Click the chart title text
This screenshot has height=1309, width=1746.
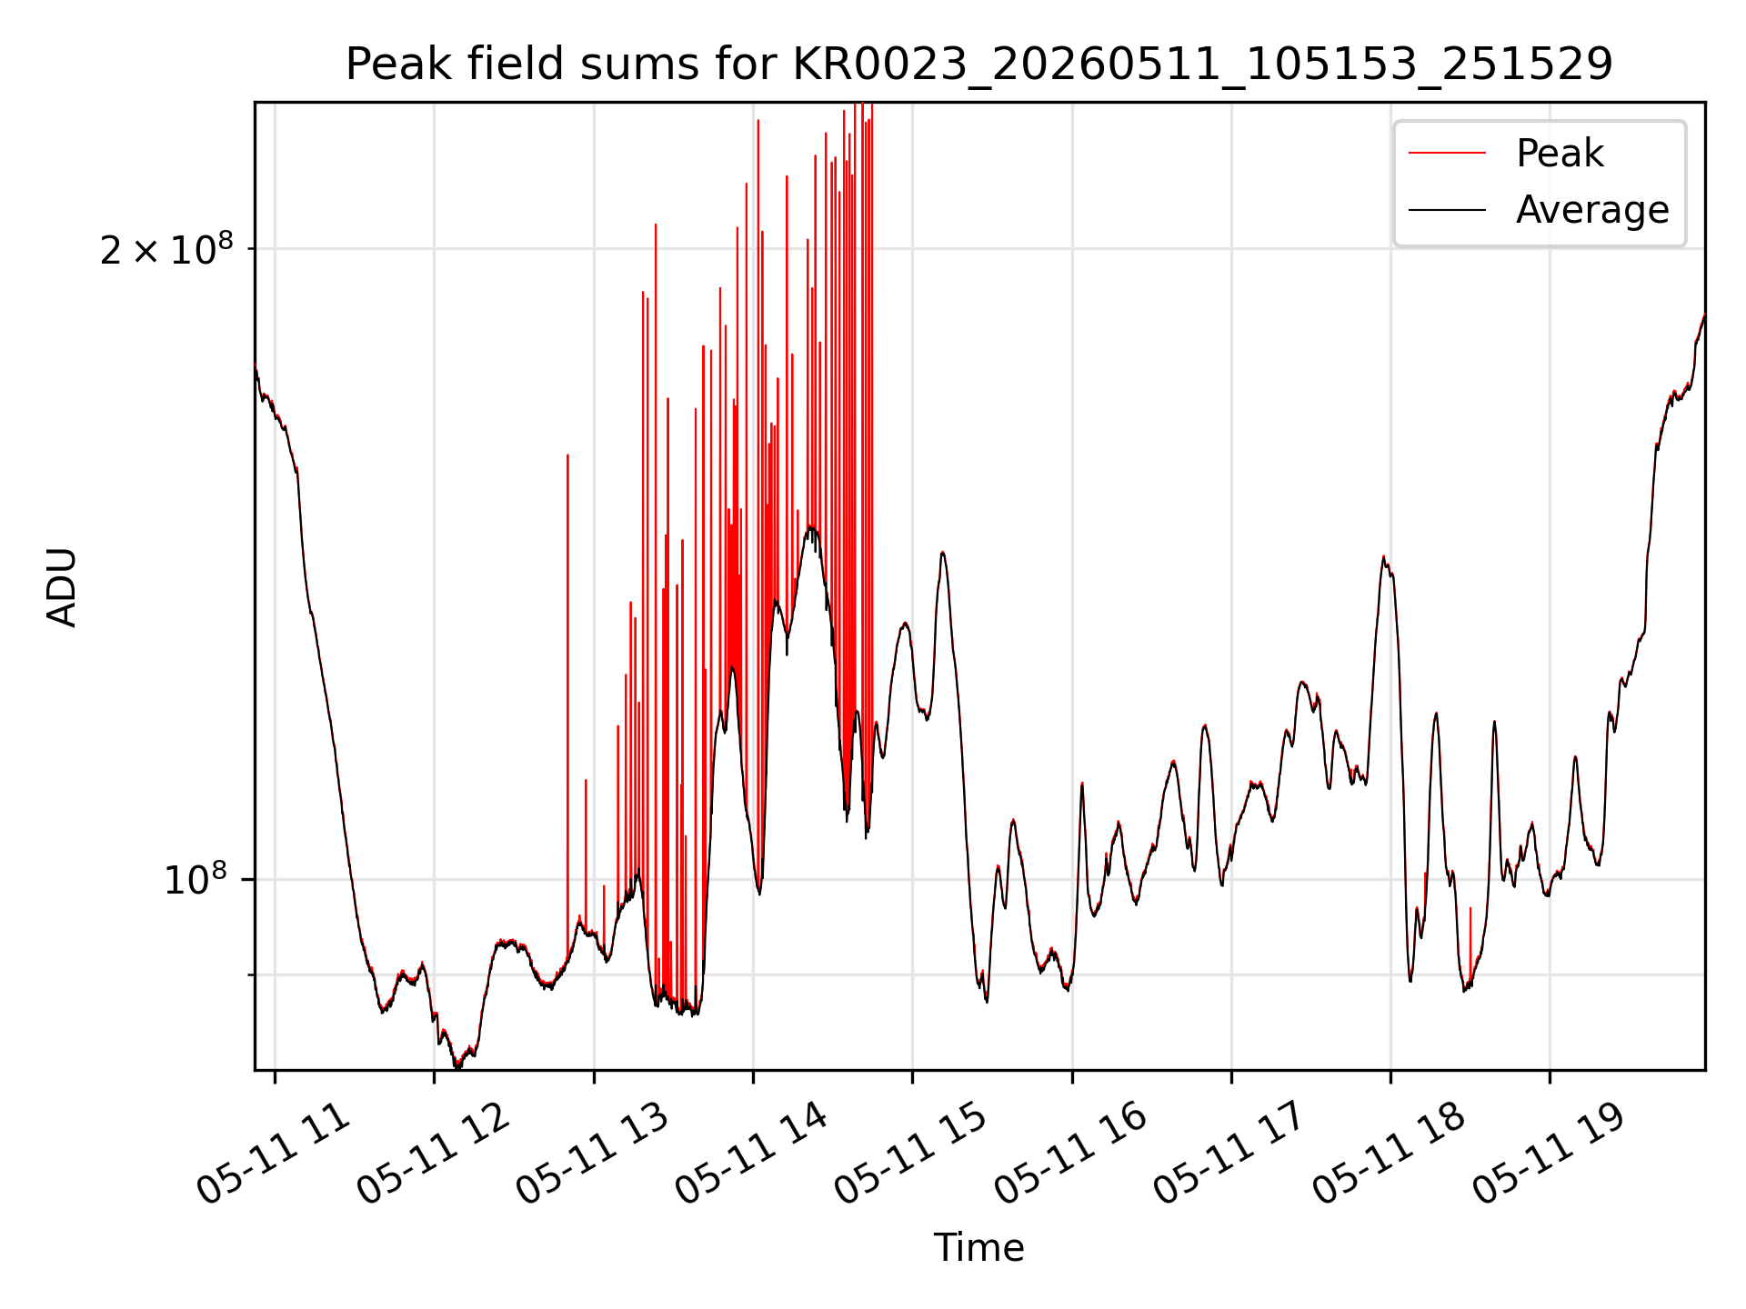pyautogui.click(x=979, y=65)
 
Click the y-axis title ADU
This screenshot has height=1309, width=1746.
pyautogui.click(x=62, y=586)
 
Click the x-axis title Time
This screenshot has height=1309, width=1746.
pyautogui.click(x=978, y=1248)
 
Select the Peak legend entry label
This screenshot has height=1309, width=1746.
pyautogui.click(x=1560, y=153)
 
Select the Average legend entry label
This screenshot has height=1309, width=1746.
pyautogui.click(x=1592, y=209)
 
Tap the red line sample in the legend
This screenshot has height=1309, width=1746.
pyautogui.click(x=1448, y=153)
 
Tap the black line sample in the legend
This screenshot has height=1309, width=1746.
pyautogui.click(x=1448, y=210)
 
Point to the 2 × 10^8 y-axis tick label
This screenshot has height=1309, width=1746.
pyautogui.click(x=166, y=249)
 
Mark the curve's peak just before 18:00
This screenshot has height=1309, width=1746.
pyautogui.click(x=1383, y=556)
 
